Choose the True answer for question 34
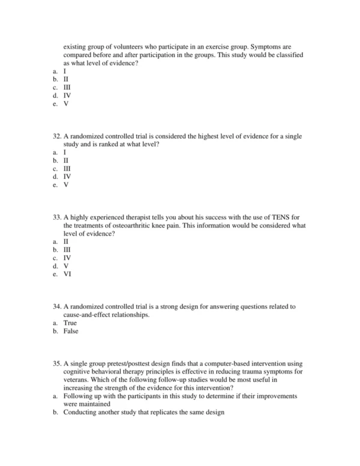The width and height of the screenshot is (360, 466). pos(70,323)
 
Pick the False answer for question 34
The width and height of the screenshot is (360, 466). pos(71,331)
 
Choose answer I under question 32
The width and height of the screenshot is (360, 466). pos(65,153)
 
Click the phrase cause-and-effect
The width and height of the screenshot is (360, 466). pos(92,315)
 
